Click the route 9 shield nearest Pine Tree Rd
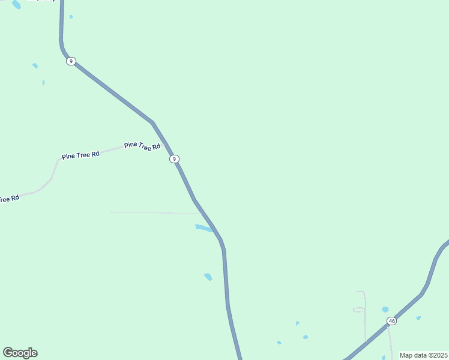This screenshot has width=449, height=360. tap(174, 159)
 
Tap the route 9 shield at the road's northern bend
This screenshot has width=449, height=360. tap(71, 61)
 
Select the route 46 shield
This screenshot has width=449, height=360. tap(391, 321)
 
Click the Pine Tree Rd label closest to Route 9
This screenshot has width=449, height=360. tap(142, 146)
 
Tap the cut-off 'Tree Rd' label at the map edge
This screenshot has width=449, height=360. tap(9, 199)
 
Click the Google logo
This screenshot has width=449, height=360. tap(20, 353)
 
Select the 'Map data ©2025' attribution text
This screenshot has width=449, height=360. tap(423, 355)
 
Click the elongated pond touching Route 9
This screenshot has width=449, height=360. tap(203, 228)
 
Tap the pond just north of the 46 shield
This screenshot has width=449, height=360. tap(385, 310)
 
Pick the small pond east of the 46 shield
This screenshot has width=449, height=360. tap(418, 318)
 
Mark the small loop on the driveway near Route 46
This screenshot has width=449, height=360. tap(358, 310)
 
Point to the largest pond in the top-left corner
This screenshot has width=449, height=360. tap(16, 4)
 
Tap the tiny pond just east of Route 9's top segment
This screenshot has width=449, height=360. tap(71, 17)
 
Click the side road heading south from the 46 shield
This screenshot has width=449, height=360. tap(391, 342)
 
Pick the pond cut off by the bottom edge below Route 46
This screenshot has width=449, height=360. tap(384, 358)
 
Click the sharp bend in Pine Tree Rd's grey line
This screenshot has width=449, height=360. tap(51, 178)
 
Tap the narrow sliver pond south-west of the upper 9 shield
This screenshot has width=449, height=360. tap(43, 82)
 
